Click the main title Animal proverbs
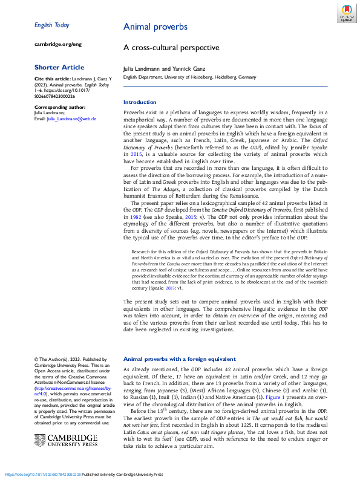pyautogui.click(x=155, y=27)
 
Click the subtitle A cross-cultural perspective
pyautogui.click(x=171, y=47)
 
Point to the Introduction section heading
pyautogui.click(x=140, y=102)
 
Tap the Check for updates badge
pyautogui.click(x=346, y=13)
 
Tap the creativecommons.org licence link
pyautogui.click(x=67, y=394)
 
